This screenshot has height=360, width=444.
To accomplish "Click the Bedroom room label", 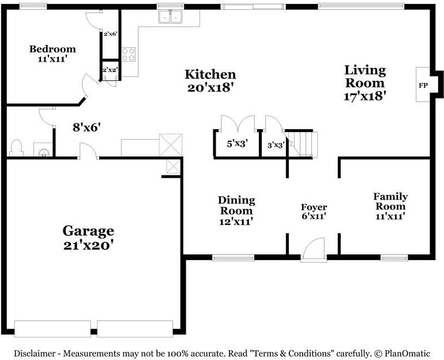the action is [x=52, y=49].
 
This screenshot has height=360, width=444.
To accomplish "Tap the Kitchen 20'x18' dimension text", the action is [x=210, y=88].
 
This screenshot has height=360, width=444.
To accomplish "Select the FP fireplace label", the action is [x=423, y=85].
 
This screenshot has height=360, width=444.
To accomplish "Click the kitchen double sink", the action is [x=171, y=16].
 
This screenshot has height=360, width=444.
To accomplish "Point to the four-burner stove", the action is [x=128, y=54].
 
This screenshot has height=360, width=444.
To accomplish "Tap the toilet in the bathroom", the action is [x=16, y=148].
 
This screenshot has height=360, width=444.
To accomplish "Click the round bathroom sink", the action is [x=44, y=153].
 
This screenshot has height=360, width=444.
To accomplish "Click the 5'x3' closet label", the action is [x=238, y=144].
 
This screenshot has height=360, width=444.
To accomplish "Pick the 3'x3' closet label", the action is [x=276, y=145].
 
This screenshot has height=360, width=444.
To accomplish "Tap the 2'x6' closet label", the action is [x=111, y=34].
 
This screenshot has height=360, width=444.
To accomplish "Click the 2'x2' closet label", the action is [x=110, y=70].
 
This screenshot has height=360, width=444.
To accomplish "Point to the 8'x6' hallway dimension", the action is [x=86, y=127].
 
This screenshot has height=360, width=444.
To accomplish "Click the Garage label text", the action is [x=88, y=232].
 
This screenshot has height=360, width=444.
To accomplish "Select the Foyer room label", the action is [x=314, y=207].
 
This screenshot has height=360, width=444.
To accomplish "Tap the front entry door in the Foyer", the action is [x=314, y=249].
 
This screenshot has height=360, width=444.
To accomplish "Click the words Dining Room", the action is [x=236, y=205].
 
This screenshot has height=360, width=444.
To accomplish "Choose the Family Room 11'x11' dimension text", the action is [x=390, y=217].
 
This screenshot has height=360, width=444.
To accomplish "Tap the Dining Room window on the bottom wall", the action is [x=234, y=257].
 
